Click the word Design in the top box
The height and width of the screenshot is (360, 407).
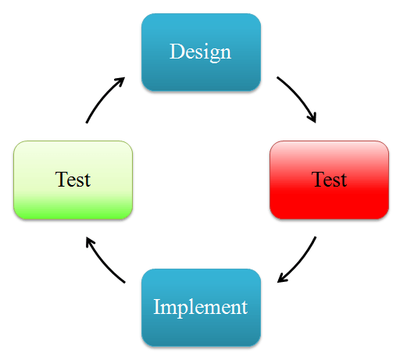[200, 52]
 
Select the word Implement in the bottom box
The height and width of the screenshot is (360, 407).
[201, 307]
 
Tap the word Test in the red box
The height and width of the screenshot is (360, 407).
[329, 180]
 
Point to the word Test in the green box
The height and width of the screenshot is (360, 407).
[73, 180]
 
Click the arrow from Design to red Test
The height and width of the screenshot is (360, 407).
[300, 97]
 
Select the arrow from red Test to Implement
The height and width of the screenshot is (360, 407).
[300, 262]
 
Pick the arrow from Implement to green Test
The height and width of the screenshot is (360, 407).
[102, 262]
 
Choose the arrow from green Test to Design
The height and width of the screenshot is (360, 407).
[102, 97]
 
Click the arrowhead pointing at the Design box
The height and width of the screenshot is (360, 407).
[120, 81]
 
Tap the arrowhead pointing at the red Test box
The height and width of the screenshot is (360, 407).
[312, 118]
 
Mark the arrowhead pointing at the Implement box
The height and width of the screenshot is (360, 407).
[282, 278]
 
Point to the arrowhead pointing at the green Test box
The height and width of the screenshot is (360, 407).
[90, 241]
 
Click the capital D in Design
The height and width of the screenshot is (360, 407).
[177, 52]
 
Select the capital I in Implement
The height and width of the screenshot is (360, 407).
[157, 307]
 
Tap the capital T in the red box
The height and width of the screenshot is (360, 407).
[319, 179]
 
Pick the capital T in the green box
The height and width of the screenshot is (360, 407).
[62, 179]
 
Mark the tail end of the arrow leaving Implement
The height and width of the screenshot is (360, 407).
[125, 283]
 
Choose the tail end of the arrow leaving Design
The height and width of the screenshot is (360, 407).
[277, 77]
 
